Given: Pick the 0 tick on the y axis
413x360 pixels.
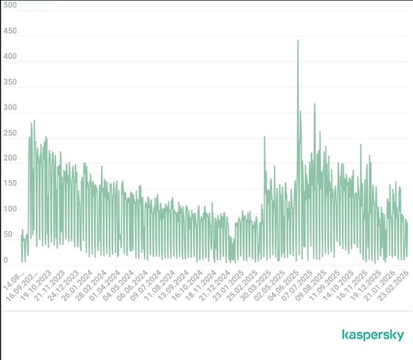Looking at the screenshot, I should point(5,260).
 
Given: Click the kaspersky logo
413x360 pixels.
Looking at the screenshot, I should point(373,335).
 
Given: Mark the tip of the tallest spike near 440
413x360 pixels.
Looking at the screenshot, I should point(298,41).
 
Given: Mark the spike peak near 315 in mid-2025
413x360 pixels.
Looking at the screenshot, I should point(314,104).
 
